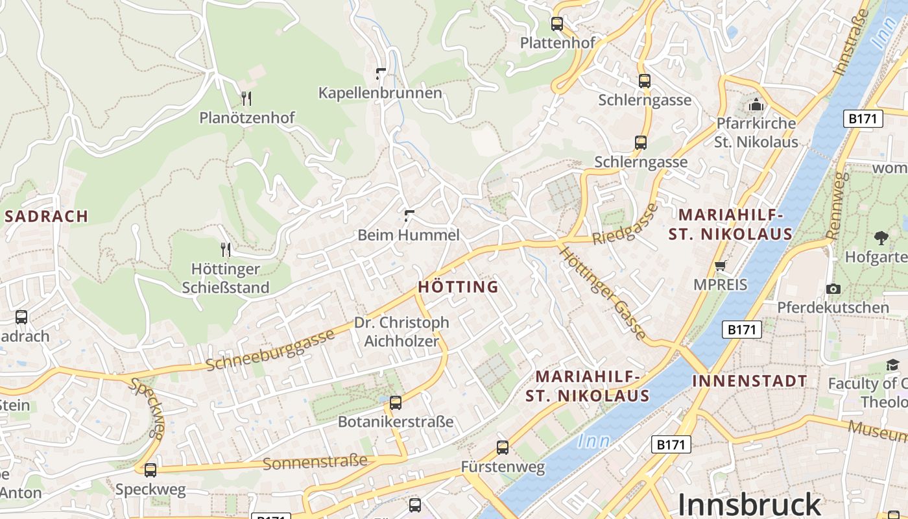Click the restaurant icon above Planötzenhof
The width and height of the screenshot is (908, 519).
pyautogui.click(x=246, y=99)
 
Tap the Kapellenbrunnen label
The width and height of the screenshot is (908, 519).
pyautogui.click(x=380, y=93)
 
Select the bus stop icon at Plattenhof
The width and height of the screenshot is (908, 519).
pyautogui.click(x=556, y=24)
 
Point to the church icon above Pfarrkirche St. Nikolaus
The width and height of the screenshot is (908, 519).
pyautogui.click(x=756, y=104)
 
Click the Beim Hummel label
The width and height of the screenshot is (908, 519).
pyautogui.click(x=409, y=235)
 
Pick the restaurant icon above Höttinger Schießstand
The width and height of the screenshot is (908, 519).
pyautogui.click(x=226, y=249)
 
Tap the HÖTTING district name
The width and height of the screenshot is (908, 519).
pyautogui.click(x=458, y=287)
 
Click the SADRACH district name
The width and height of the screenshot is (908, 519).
pyautogui.click(x=46, y=217)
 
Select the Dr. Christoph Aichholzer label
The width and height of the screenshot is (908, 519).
pyautogui.click(x=401, y=332)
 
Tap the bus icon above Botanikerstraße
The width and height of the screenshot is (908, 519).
pyautogui.click(x=396, y=402)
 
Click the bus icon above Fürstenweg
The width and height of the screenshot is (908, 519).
pyautogui.click(x=503, y=447)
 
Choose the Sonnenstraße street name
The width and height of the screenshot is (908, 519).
pyautogui.click(x=315, y=463)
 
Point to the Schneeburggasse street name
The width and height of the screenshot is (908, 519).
pyautogui.click(x=271, y=350)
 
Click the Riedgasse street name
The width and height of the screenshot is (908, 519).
pyautogui.click(x=625, y=224)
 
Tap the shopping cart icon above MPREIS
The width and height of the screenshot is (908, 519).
pyautogui.click(x=720, y=265)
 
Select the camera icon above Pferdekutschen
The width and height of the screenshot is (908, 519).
pyautogui.click(x=833, y=289)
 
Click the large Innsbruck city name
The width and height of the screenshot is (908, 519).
pyautogui.click(x=749, y=504)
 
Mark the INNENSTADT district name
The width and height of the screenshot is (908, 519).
pyautogui.click(x=750, y=381)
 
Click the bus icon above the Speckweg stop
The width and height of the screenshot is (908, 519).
pyautogui.click(x=150, y=470)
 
